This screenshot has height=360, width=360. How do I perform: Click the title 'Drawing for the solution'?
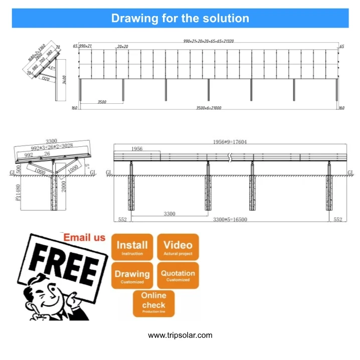[x=180, y=19]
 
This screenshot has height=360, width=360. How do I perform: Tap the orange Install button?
[x=132, y=247]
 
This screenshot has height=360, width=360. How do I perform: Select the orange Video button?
[x=178, y=247]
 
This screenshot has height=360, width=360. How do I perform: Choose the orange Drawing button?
[x=132, y=275]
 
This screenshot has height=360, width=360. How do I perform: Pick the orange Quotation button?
[x=178, y=275]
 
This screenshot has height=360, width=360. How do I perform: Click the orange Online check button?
[x=153, y=303]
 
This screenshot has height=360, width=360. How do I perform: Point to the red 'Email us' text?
[x=84, y=237]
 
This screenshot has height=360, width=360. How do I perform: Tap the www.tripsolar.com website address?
[x=180, y=335]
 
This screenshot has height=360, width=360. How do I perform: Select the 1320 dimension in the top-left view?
[x=45, y=78]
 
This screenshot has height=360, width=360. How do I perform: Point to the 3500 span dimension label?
[x=101, y=102]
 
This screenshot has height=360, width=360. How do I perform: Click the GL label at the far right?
[x=350, y=172]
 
